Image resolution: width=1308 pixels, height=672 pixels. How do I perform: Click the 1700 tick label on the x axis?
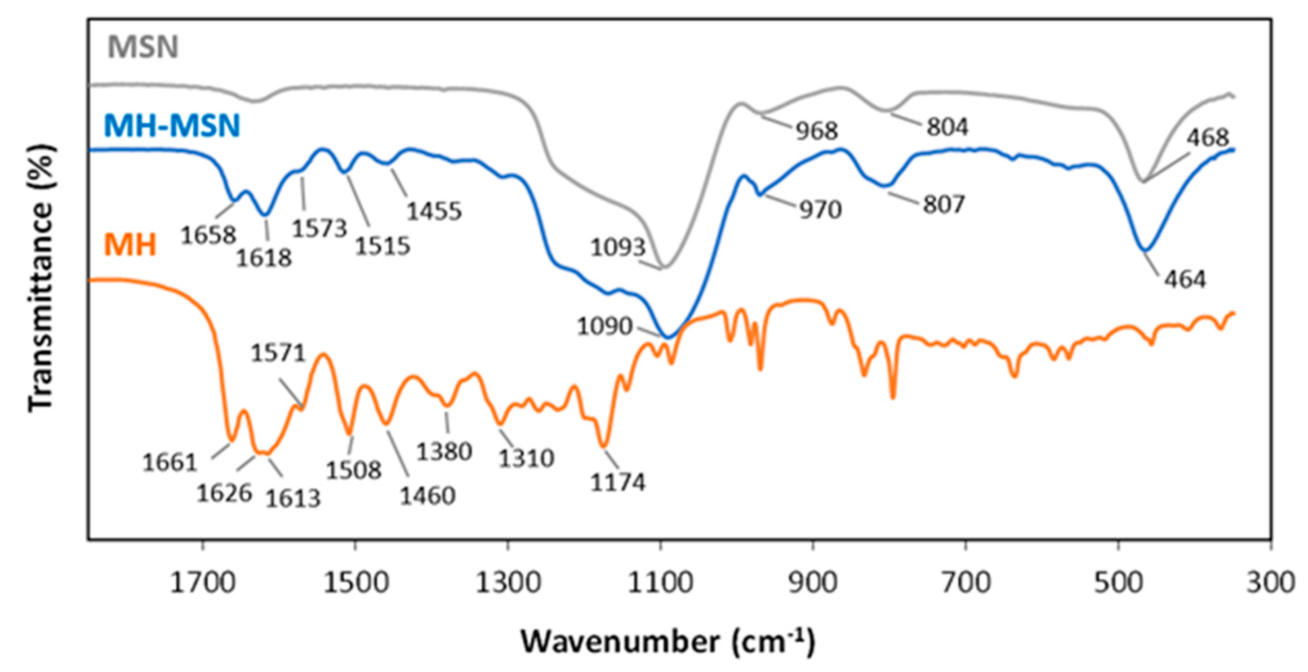[203, 583]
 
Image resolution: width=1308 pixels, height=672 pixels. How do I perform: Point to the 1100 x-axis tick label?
[660, 583]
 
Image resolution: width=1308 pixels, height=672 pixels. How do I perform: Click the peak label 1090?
[604, 327]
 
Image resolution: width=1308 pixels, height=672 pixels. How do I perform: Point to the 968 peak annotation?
[816, 131]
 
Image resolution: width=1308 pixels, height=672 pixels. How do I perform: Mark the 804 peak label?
[948, 127]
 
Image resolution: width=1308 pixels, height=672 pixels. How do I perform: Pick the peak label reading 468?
[1208, 137]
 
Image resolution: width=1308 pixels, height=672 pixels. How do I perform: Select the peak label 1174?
[618, 482]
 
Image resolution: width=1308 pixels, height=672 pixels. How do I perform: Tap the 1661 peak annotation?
[169, 463]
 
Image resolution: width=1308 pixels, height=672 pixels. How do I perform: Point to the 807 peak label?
[943, 205]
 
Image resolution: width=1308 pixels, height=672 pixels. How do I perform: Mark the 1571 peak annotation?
[278, 352]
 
